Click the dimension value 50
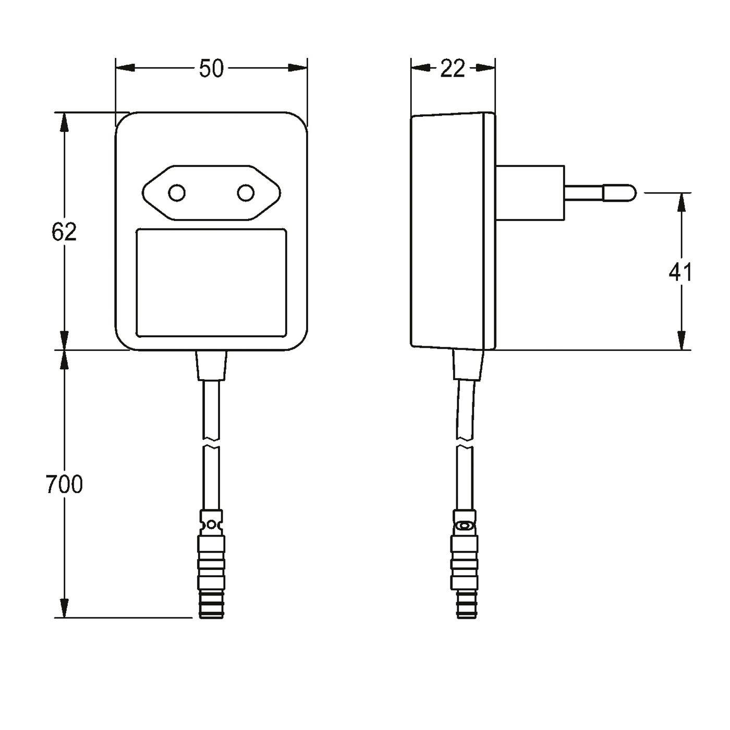click(x=211, y=69)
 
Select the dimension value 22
click(x=452, y=69)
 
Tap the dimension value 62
click(x=64, y=232)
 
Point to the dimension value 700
click(x=64, y=484)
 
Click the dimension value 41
click(x=680, y=272)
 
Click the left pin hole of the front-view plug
click(x=177, y=193)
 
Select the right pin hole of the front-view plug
click(x=246, y=193)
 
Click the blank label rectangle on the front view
click(x=211, y=283)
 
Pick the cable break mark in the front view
click(x=211, y=444)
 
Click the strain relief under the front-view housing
click(x=211, y=365)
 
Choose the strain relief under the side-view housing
click(x=469, y=364)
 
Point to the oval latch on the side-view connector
click(x=465, y=526)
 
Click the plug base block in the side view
click(x=530, y=193)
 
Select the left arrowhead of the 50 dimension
click(x=125, y=68)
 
